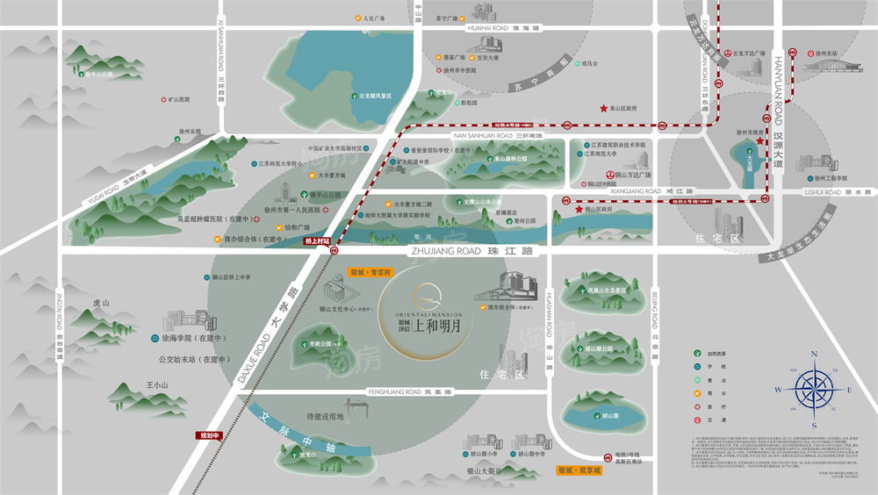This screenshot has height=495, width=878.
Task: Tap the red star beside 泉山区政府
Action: (x=603, y=109)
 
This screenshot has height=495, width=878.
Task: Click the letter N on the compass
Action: (x=814, y=355)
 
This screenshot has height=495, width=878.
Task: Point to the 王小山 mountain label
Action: (x=158, y=384)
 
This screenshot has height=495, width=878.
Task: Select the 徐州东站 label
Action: (x=826, y=53)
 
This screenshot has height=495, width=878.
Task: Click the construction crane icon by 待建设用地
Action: (x=359, y=410)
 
